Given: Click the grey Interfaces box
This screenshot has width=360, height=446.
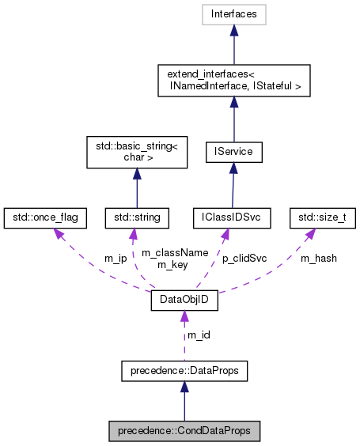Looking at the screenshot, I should [x=233, y=13].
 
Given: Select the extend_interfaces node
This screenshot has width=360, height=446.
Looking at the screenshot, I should [x=233, y=79].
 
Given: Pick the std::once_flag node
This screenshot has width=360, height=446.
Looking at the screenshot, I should [x=45, y=215].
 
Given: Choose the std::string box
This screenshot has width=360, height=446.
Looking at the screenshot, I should [x=137, y=215].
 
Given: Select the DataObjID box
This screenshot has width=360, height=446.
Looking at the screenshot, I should [x=184, y=300].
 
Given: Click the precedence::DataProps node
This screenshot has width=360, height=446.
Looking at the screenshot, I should [x=184, y=369].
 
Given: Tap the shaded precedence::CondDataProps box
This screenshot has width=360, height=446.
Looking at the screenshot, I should [x=184, y=432].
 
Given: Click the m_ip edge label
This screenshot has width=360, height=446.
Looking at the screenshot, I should [x=116, y=258].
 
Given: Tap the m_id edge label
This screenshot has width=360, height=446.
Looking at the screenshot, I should [x=198, y=334].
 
